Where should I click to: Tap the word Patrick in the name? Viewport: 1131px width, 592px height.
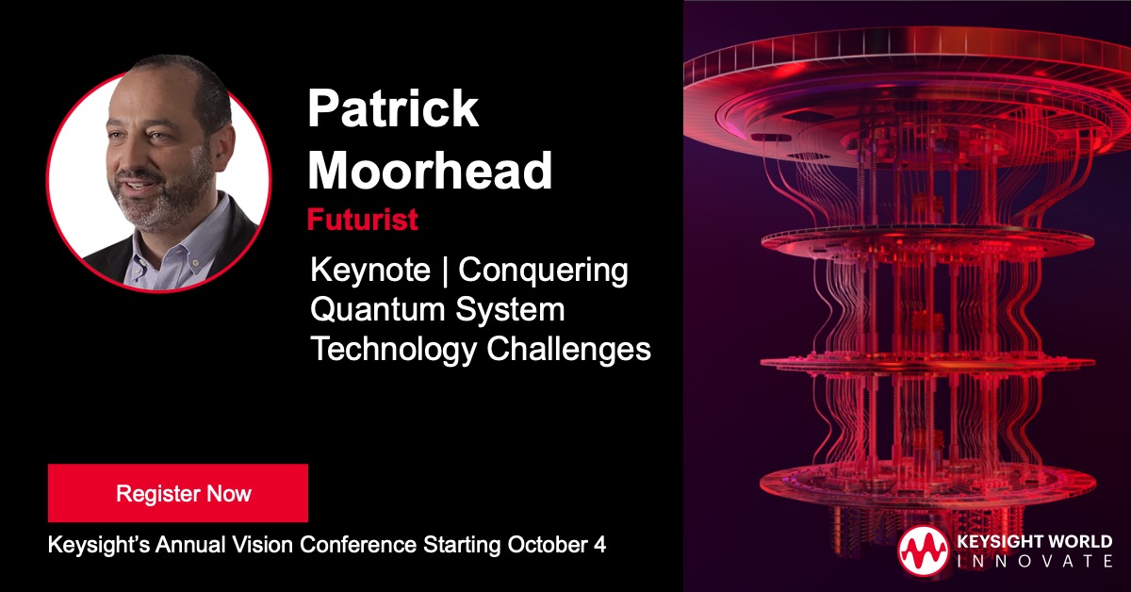coord(393,109)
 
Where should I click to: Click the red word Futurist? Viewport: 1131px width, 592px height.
coord(363,220)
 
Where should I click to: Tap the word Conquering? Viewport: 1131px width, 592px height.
coord(544,271)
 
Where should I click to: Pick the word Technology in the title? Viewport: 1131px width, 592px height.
coord(395,349)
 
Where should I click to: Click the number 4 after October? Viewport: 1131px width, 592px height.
coord(599,546)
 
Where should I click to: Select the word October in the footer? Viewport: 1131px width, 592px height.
coord(550,546)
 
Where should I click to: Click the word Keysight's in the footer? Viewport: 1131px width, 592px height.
coord(93,546)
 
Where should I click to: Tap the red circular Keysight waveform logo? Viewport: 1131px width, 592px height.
coord(923,551)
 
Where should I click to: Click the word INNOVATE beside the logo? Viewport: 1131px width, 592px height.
coord(1034,561)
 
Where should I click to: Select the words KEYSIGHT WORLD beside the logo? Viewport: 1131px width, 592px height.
coord(1034,541)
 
